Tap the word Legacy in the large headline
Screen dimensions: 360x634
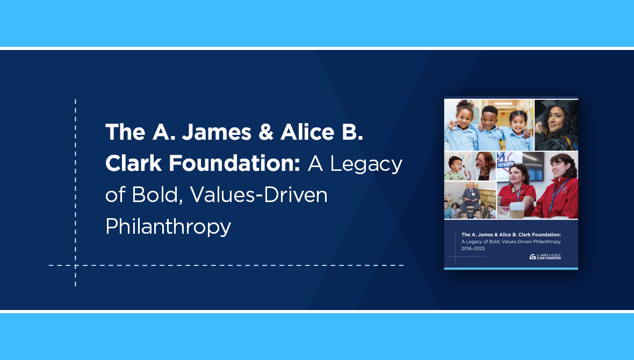point(365,164)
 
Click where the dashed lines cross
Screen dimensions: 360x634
point(75,265)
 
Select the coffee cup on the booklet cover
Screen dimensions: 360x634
point(516,210)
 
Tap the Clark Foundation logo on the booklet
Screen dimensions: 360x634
point(545,256)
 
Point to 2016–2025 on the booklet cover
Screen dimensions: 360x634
point(473,248)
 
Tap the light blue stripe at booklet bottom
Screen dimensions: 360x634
point(511,268)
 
